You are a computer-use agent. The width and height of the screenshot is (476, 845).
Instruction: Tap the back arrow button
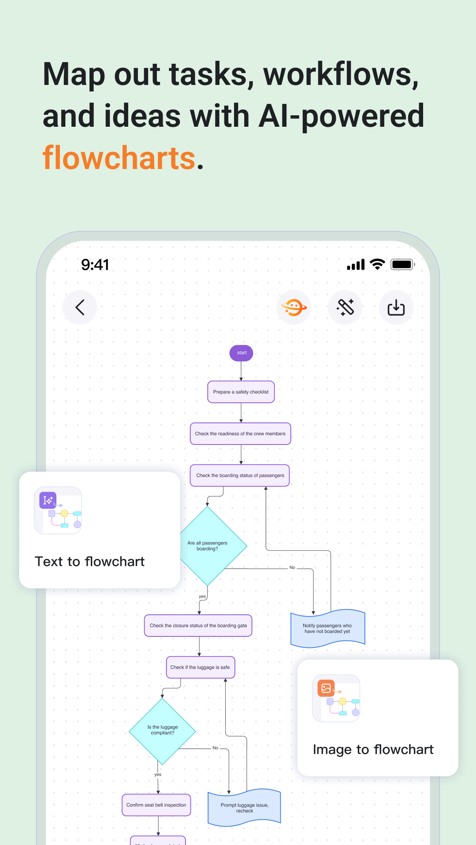(80, 307)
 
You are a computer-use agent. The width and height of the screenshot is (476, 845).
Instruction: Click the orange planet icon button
(294, 307)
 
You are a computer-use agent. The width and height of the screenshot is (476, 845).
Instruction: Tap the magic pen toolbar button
(345, 307)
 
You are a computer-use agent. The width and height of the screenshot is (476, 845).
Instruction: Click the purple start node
(242, 353)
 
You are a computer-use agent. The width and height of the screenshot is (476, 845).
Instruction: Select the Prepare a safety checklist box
(241, 392)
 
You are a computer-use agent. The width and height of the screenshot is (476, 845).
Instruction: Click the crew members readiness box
(240, 434)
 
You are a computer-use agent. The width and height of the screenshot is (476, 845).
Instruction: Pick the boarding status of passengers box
(240, 475)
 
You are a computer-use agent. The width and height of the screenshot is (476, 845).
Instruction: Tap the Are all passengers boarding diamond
(212, 546)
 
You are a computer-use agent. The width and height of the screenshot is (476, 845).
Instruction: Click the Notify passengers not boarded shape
(327, 628)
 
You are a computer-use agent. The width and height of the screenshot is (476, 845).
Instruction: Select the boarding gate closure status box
(198, 625)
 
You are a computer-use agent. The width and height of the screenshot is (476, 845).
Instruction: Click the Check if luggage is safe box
(200, 667)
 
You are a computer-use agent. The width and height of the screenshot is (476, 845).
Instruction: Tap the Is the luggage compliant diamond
(163, 731)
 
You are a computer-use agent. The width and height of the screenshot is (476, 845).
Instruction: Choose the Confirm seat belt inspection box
(156, 805)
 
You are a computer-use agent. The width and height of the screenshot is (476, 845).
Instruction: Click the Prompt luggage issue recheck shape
(244, 808)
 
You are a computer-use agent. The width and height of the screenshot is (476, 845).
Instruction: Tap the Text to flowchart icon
(58, 510)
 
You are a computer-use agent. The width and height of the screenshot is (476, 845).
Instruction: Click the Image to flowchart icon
(336, 698)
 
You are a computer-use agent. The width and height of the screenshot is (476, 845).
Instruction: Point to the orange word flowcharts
(119, 158)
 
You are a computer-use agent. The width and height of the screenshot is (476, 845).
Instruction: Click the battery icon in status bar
(402, 265)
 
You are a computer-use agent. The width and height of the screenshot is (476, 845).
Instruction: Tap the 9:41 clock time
(95, 265)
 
